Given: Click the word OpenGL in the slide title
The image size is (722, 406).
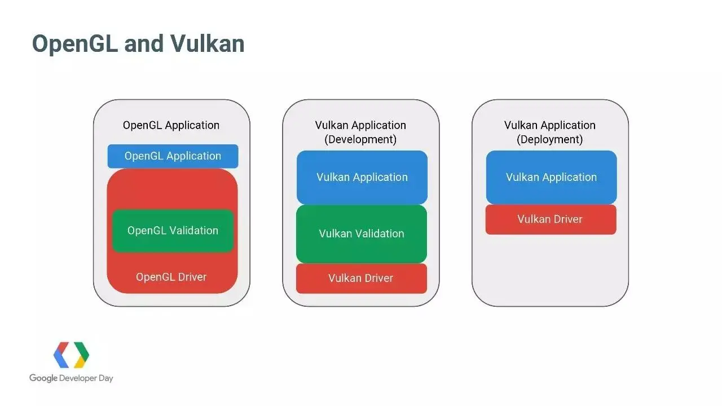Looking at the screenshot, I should coord(74,44).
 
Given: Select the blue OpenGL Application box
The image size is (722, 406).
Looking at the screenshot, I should coord(173,156).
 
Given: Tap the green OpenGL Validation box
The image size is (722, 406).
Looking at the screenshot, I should coord(173,231).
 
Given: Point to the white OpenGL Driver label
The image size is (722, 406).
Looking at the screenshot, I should coord(171,277).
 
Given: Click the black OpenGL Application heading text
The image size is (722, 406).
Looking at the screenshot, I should coord(171,125).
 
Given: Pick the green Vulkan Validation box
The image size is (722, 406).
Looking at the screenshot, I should coord(362,234).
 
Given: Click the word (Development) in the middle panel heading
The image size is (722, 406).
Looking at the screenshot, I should coord(360,139).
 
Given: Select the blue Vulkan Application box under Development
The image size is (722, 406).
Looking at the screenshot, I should coord(362,177).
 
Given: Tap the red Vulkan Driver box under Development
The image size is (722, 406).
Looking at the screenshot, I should coord(361,278).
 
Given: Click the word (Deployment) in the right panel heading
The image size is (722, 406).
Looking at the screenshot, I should coord(550,139).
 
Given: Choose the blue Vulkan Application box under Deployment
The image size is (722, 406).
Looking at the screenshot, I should coord(551,177).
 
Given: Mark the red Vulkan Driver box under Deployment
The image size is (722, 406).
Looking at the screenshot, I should coord(551,219).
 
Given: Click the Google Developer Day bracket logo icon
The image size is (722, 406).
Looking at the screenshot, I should coord(71,355).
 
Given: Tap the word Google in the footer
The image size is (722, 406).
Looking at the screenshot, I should coord(43,378).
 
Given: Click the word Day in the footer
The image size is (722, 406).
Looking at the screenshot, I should coord(106,378).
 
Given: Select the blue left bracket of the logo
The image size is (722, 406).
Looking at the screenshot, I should coord(61,355).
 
